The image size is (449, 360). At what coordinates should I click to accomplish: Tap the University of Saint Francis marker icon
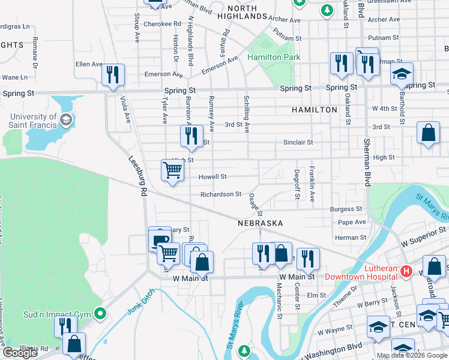point(66,121)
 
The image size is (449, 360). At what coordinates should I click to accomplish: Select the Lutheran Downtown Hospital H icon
point(406,272)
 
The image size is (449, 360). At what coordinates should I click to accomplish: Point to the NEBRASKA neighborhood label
point(260,223)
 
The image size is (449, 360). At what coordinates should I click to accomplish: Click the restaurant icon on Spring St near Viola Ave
point(112,74)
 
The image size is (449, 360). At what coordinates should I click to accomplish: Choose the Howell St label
point(213,177)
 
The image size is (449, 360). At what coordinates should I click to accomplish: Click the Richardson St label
point(221,194)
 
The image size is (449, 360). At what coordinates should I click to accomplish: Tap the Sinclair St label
point(298,142)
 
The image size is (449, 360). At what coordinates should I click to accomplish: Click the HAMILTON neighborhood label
point(315,110)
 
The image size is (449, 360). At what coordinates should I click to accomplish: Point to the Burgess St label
point(346,209)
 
